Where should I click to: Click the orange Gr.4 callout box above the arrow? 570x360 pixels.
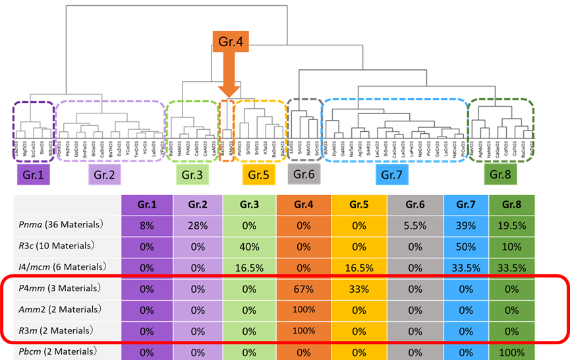230,43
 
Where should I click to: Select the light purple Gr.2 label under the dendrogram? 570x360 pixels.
105,175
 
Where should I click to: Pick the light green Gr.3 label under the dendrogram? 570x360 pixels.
192,175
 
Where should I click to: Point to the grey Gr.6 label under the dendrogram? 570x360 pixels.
304,174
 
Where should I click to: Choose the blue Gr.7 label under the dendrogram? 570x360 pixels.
393,175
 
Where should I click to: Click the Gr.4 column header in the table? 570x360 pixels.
304,205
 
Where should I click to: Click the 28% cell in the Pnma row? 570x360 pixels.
198,225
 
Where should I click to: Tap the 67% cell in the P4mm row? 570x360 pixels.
304,288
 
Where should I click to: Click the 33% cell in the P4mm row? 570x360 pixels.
359,288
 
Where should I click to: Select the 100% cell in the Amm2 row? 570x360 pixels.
304,309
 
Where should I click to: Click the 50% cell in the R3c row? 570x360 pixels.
467,246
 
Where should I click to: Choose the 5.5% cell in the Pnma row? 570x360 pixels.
415,225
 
